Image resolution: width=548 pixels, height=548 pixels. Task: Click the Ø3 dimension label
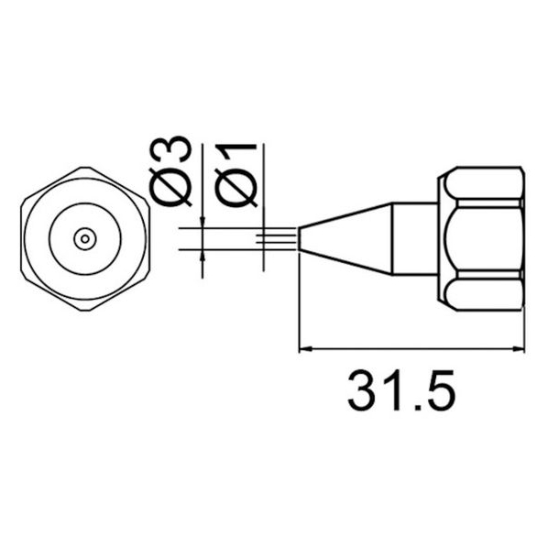click(170, 170)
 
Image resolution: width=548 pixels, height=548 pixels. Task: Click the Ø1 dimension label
click(236, 175)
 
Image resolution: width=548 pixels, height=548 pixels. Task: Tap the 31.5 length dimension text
click(401, 389)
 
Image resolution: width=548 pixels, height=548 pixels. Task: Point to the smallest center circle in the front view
click(85, 239)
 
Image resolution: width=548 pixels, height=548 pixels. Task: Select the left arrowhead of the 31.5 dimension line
click(305, 348)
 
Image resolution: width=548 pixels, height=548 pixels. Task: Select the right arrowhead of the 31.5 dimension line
click(519, 348)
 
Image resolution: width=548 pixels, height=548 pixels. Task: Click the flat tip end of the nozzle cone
click(300, 238)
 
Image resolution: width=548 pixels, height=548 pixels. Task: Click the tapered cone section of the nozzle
click(345, 238)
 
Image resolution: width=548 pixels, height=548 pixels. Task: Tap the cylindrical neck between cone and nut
click(415, 238)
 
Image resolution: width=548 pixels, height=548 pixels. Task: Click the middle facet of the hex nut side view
click(484, 239)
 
